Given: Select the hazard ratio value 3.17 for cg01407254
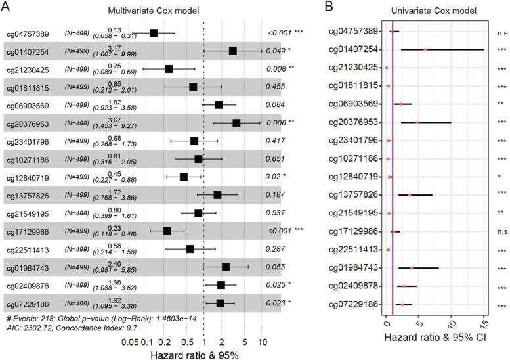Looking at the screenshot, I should click(x=96, y=47).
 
